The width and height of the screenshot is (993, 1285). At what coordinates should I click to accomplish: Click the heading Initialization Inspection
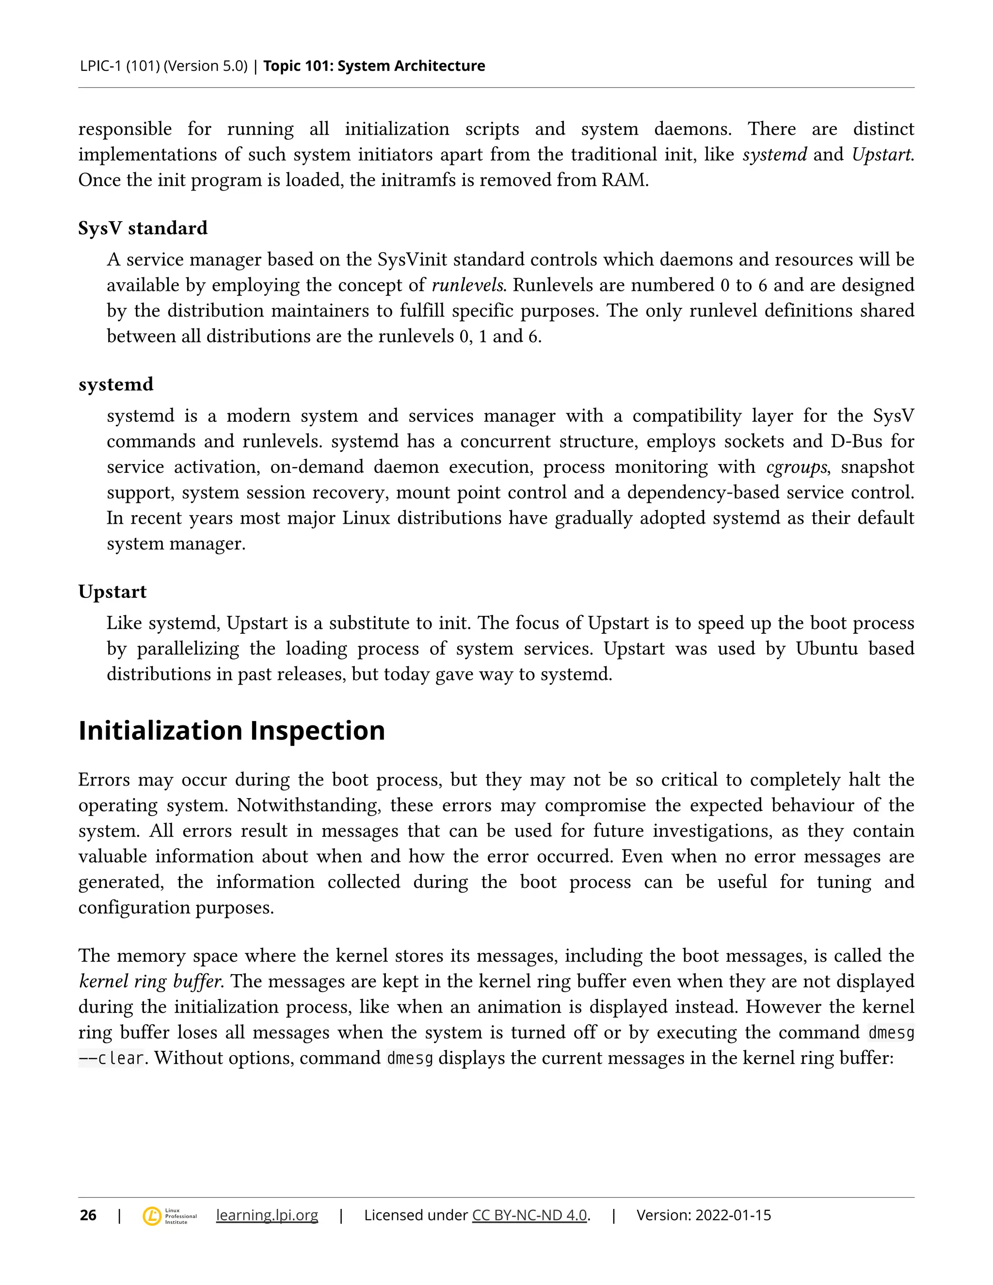(232, 730)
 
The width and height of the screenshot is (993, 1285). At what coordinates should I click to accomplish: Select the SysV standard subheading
(143, 228)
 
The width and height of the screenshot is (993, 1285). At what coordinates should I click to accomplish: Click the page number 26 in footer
(88, 1215)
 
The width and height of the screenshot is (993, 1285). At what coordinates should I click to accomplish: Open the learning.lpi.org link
(267, 1215)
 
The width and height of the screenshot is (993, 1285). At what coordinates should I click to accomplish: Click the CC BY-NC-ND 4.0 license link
(529, 1215)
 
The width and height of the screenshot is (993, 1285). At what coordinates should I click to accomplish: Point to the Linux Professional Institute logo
(169, 1216)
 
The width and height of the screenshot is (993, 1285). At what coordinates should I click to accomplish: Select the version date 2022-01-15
(733, 1215)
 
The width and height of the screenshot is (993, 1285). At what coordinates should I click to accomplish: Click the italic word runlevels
(468, 285)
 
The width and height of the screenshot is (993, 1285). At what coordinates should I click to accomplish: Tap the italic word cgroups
(797, 467)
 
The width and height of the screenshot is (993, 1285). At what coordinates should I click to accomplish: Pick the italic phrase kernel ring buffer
(150, 981)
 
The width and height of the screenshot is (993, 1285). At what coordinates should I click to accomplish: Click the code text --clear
(111, 1058)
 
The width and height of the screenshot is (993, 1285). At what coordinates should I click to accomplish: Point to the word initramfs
(418, 180)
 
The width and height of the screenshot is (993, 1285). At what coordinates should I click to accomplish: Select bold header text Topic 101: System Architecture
(374, 66)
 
